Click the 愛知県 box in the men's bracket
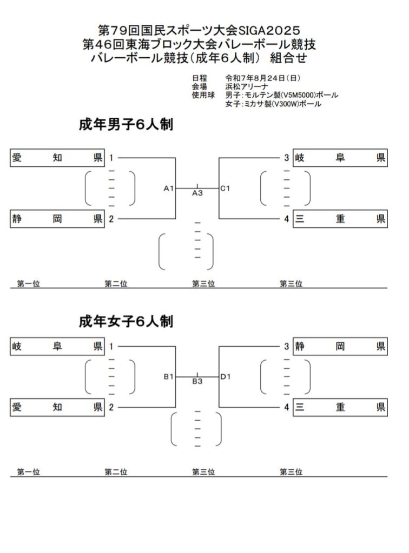pyautogui.click(x=57, y=158)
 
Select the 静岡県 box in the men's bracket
pyautogui.click(x=57, y=219)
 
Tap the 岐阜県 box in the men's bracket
pyautogui.click(x=340, y=158)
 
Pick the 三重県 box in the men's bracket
pyautogui.click(x=340, y=219)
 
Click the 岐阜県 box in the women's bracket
pyautogui.click(x=57, y=346)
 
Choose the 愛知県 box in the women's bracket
pyautogui.click(x=57, y=407)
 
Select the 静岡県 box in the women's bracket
pyautogui.click(x=340, y=346)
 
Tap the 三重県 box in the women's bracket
pyautogui.click(x=340, y=407)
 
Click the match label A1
pyautogui.click(x=168, y=188)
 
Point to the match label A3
pyautogui.click(x=197, y=193)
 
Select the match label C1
pyautogui.click(x=225, y=188)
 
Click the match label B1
pyautogui.click(x=168, y=377)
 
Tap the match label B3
pyautogui.click(x=197, y=381)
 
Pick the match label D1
pyautogui.click(x=226, y=376)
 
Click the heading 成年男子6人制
pyautogui.click(x=126, y=125)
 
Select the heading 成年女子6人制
pyautogui.click(x=126, y=322)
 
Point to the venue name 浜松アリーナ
pyautogui.click(x=247, y=87)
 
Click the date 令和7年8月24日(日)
pyautogui.click(x=263, y=78)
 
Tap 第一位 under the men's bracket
pyautogui.click(x=28, y=284)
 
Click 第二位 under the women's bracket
pyautogui.click(x=116, y=472)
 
